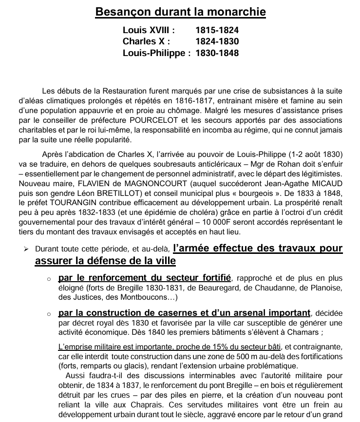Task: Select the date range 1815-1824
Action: coord(217,31)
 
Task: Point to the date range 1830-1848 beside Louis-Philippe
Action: coord(217,53)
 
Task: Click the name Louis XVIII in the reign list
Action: coord(149,31)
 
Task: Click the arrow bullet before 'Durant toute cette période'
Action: coord(27,249)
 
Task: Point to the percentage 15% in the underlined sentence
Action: coord(209,347)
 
